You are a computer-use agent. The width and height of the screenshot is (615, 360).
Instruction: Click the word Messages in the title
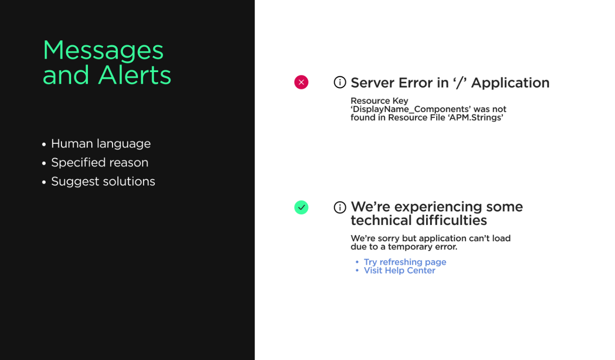[103, 51]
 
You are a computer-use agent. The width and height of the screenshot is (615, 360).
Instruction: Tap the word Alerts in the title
[135, 75]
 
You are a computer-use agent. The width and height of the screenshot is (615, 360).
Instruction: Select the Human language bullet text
[101, 144]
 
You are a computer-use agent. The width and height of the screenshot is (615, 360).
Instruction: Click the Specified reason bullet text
[99, 162]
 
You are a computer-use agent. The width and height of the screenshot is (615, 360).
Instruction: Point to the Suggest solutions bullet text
[103, 182]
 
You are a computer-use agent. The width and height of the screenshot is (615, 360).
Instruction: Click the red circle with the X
[301, 82]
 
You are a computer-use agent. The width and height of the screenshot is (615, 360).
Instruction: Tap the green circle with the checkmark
[301, 207]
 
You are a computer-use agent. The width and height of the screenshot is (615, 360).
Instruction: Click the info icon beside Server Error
[340, 82]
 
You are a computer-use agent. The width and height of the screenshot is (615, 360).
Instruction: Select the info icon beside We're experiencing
[340, 207]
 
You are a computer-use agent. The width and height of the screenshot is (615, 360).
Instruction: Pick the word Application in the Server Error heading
[510, 83]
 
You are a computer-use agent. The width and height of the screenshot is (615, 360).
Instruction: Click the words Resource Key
[380, 101]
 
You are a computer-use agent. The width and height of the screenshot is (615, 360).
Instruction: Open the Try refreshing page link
[405, 262]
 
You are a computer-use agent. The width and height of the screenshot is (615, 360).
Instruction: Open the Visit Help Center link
[399, 271]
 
